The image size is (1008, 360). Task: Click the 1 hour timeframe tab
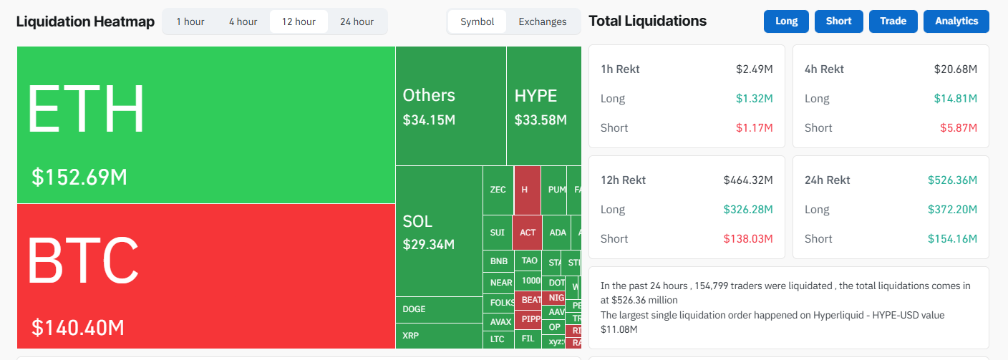coord(190,21)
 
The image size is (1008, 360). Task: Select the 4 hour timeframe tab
coord(243,21)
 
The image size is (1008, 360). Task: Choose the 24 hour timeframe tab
coord(357,21)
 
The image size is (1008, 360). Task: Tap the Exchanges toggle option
coord(542,21)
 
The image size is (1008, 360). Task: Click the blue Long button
coord(786,21)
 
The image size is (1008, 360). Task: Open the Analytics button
coord(956,21)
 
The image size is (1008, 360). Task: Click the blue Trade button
coord(893,21)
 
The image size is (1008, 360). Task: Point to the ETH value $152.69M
coord(79,177)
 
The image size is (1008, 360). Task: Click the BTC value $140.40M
coord(78,328)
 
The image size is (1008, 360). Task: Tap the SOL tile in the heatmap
coord(438,232)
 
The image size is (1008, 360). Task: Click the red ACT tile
coord(528,233)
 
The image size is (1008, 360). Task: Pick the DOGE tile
coord(438,309)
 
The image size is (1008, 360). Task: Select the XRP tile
coord(438,335)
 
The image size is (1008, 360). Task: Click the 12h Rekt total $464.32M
coord(747,180)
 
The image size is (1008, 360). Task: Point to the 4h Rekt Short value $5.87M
coord(959,128)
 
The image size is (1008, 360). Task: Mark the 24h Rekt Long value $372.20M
coord(952,210)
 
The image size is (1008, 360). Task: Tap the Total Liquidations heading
coord(647,21)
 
